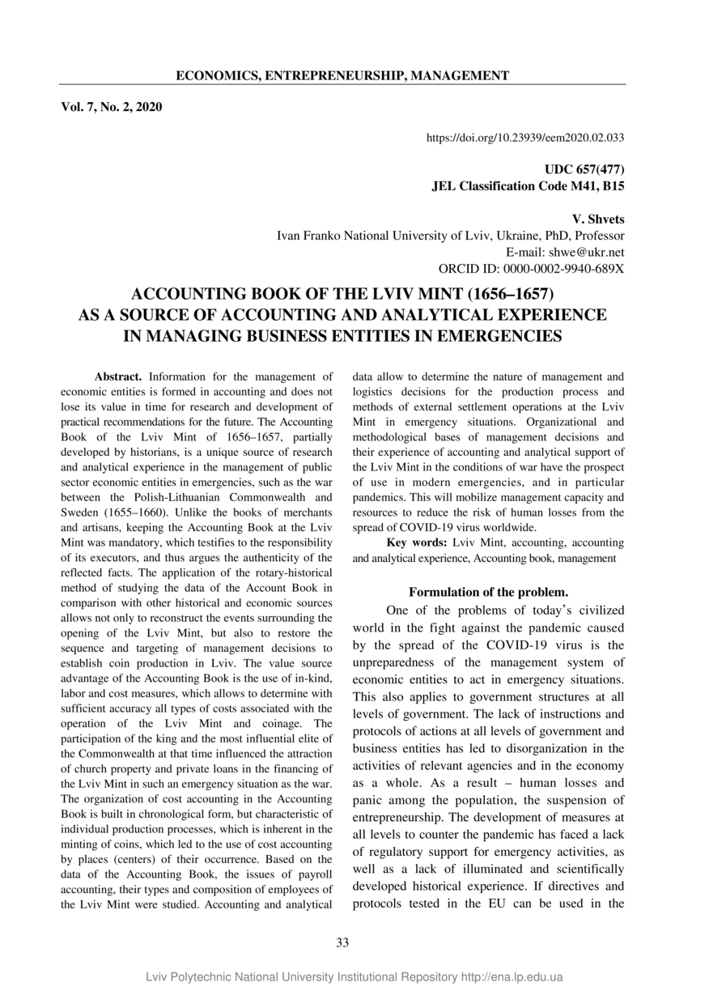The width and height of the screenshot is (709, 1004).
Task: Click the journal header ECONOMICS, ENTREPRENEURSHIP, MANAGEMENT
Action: tap(342, 76)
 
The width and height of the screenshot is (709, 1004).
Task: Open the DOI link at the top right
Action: tap(524, 138)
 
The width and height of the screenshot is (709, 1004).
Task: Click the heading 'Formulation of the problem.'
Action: tap(488, 592)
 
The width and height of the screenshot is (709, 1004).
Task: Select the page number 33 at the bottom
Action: tap(342, 942)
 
